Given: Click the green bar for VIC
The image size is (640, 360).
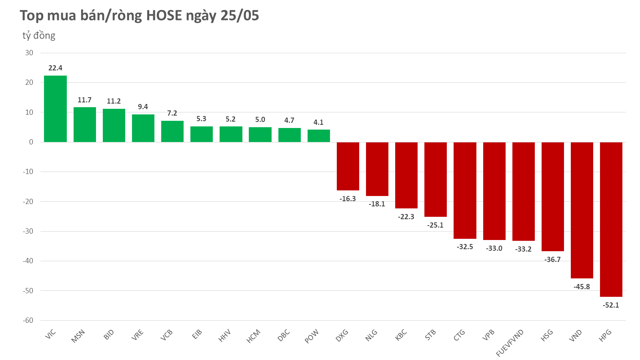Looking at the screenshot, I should click(55, 109).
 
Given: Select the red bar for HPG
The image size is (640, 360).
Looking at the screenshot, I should click(611, 219).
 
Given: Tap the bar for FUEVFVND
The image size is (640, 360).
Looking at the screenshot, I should click(523, 191).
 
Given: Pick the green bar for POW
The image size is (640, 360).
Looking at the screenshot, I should click(318, 136).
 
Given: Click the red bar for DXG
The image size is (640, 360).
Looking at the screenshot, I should click(348, 166).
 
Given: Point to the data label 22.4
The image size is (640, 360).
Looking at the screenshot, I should click(55, 68).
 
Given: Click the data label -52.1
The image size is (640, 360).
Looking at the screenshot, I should click(611, 305).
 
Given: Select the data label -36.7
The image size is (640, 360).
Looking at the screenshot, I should click(552, 260).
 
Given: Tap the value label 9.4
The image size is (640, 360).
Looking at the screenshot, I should click(143, 107).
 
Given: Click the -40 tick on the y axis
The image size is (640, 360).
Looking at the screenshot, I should click(28, 261).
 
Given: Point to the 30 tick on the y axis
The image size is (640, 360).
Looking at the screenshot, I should click(29, 53).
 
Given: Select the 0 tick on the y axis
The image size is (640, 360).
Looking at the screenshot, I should click(31, 142).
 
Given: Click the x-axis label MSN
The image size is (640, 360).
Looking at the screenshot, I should click(78, 336).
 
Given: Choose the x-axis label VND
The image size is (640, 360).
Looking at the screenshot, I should click(575, 336).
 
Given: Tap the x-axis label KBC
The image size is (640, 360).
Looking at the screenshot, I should click(401, 335).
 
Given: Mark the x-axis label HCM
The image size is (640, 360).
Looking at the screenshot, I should click(254, 336).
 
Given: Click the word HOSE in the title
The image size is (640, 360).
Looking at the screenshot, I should click(164, 16).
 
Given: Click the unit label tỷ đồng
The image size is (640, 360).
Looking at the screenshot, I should click(39, 36).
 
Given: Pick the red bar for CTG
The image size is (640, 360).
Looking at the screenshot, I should click(465, 190).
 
